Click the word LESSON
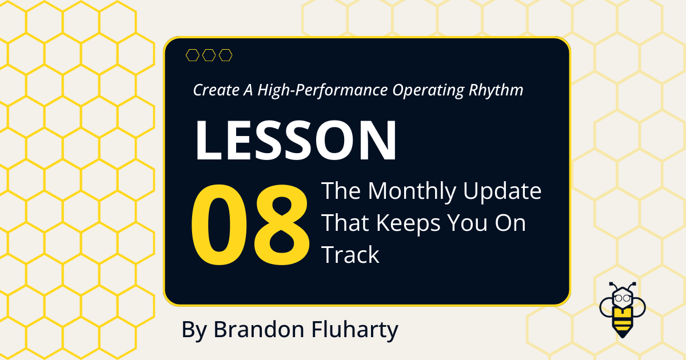(296, 141)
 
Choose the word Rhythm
(496, 90)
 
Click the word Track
(350, 255)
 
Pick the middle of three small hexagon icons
(209, 55)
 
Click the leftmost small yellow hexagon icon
(193, 55)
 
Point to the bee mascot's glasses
(621, 298)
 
